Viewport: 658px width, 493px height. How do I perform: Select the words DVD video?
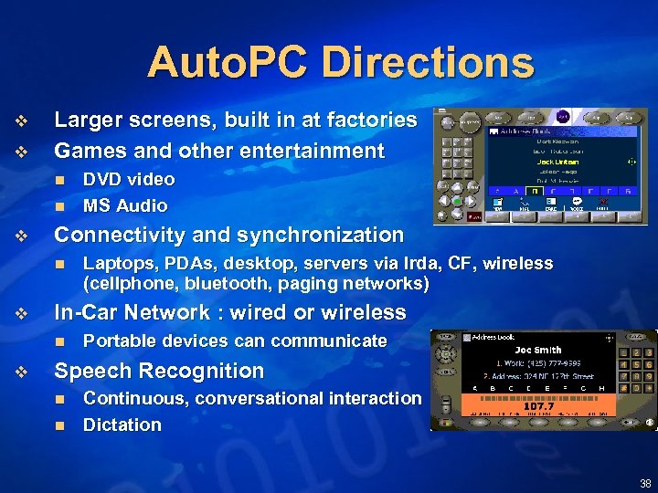click(x=128, y=180)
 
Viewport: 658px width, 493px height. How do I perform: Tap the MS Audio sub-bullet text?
click(x=125, y=205)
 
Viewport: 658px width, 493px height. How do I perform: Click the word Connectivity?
click(x=118, y=235)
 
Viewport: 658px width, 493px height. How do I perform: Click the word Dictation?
click(x=122, y=425)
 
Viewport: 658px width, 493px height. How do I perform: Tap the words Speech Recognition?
click(x=159, y=371)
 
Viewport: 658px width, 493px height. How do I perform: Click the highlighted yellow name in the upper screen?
click(x=557, y=162)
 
